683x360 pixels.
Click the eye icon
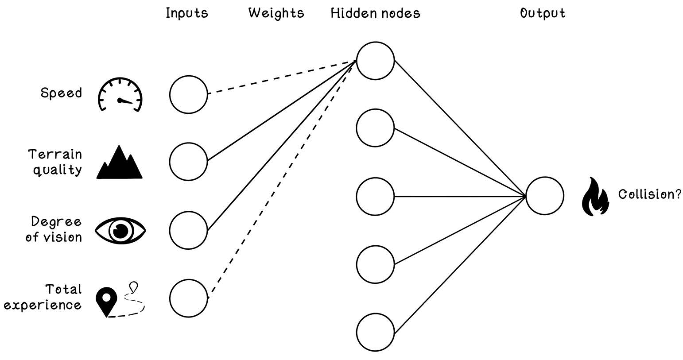pos(120,230)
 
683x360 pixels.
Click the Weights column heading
pos(276,13)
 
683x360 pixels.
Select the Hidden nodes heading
pos(375,13)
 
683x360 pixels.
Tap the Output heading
pos(543,13)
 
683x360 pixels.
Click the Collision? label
pos(649,194)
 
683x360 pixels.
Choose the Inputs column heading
pos(187,13)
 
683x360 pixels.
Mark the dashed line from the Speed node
pos(282,77)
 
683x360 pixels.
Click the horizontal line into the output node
pos(460,197)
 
